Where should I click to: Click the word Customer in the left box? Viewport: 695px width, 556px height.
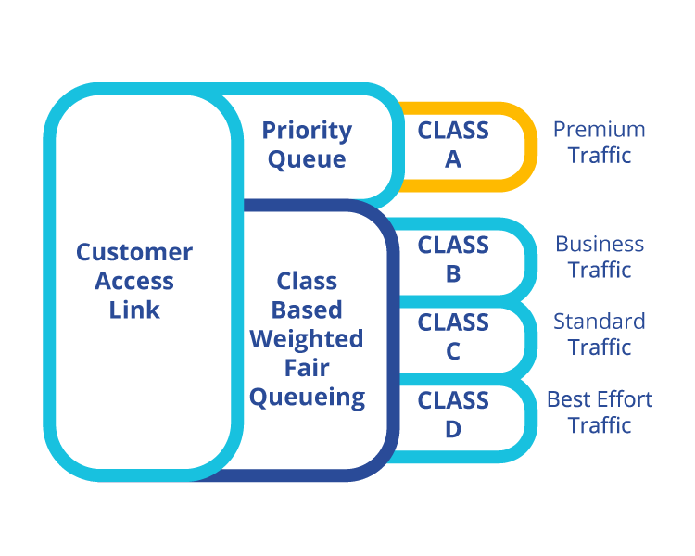coord(134,252)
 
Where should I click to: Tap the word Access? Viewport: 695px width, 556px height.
coord(134,281)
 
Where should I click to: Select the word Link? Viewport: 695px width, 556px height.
coord(134,310)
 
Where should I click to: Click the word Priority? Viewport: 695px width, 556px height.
coord(307,132)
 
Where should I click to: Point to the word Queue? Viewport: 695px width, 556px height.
coord(307,159)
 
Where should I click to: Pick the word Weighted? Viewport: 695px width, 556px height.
coord(307,340)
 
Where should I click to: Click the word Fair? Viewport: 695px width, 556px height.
coord(307,368)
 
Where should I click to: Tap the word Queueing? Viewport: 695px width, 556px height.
coord(307,398)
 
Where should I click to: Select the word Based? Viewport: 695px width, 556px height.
coord(307,310)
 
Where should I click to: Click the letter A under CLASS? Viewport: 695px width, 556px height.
coord(453,159)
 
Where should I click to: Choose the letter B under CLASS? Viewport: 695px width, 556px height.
coord(453,274)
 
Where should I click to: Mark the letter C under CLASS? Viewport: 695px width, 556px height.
coord(453,351)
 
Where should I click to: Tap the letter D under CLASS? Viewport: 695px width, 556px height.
coord(453,429)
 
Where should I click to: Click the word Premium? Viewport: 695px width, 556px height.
coord(600,130)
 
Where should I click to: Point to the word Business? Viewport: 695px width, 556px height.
coord(600,244)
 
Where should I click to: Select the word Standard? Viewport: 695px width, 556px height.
coord(600,322)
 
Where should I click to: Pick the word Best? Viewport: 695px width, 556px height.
coord(570,399)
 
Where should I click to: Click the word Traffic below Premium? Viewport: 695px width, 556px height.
coord(600,156)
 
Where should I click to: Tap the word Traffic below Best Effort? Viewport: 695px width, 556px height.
coord(600,425)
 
